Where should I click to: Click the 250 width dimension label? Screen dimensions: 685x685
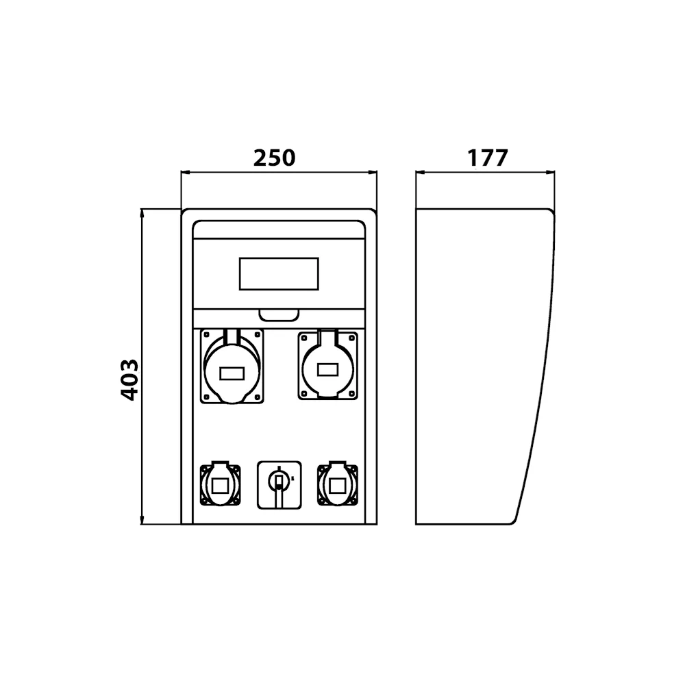pos(275,158)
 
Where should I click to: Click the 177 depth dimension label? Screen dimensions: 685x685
pos(488,158)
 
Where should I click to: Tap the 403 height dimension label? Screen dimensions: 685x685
pos(129,380)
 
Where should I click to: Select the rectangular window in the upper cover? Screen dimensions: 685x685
pos(279,274)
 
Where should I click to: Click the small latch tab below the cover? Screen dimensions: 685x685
pos(279,315)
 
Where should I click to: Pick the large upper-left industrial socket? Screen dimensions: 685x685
pos(232,366)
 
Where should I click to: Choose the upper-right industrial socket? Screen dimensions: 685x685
pos(327,365)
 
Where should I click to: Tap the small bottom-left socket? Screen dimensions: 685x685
pos(220,484)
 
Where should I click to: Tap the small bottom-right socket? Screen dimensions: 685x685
pos(338,484)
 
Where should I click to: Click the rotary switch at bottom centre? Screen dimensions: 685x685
pos(279,485)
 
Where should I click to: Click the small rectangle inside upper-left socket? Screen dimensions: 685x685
pos(232,373)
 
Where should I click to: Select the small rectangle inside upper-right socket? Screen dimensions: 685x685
pos(327,370)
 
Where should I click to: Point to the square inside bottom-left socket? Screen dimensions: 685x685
pos(220,486)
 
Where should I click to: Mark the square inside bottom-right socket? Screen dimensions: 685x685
pos(338,486)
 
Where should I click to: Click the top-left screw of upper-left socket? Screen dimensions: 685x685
pos(206,335)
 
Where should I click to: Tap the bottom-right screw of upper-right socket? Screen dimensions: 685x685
pos(351,393)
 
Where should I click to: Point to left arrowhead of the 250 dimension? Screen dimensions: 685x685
pos(184,172)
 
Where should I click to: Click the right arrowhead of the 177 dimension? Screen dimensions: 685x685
pos(551,172)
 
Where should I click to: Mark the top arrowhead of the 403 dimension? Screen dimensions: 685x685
pos(142,212)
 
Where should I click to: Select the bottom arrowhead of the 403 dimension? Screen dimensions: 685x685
pos(142,521)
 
